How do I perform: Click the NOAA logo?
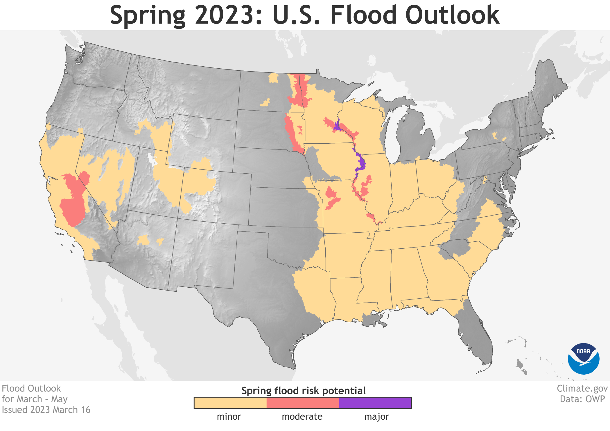[584, 359]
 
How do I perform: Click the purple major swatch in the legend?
[375, 403]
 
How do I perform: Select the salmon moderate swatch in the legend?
[303, 403]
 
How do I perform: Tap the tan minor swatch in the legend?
[230, 403]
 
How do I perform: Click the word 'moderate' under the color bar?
[302, 417]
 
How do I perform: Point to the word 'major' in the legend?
[376, 417]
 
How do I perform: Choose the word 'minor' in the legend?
[229, 417]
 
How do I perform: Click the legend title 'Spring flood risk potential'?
[303, 391]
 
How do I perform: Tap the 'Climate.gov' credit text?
[582, 389]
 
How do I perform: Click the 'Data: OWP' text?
[582, 399]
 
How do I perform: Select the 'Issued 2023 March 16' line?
[46, 410]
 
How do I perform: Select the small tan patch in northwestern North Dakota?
[273, 78]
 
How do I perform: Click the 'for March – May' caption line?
[35, 399]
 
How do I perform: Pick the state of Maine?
[549, 87]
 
